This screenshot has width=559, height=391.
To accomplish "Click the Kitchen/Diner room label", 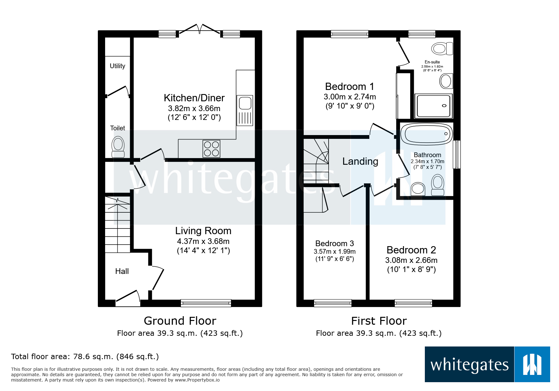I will pyautogui.click(x=194, y=98).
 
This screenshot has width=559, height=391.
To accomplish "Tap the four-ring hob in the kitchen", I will pyautogui.click(x=211, y=149).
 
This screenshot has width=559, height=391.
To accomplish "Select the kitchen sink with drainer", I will pyautogui.click(x=245, y=110).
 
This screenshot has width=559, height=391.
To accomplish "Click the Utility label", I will pyautogui.click(x=117, y=66).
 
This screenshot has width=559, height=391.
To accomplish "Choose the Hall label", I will pyautogui.click(x=122, y=271).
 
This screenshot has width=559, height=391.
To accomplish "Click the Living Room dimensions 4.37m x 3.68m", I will pyautogui.click(x=203, y=241).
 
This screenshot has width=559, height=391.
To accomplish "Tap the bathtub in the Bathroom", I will pyautogui.click(x=426, y=134).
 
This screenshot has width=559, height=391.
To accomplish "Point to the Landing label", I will pyautogui.click(x=360, y=162).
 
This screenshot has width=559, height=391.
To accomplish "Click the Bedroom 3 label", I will pyautogui.click(x=335, y=244).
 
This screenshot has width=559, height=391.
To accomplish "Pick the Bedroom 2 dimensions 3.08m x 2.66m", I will pyautogui.click(x=411, y=260).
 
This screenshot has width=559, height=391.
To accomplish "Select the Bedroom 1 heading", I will pyautogui.click(x=350, y=86).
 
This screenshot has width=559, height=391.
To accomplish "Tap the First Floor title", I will pyautogui.click(x=379, y=321).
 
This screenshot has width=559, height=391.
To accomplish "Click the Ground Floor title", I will pyautogui.click(x=180, y=321).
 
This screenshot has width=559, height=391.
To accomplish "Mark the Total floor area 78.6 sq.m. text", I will pyautogui.click(x=85, y=357).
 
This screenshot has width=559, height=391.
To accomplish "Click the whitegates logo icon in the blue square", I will pyautogui.click(x=532, y=364).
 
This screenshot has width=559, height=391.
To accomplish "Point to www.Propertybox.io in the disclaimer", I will pyautogui.click(x=197, y=380).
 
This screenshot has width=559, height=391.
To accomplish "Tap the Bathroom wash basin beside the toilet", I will pyautogui.click(x=418, y=189).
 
